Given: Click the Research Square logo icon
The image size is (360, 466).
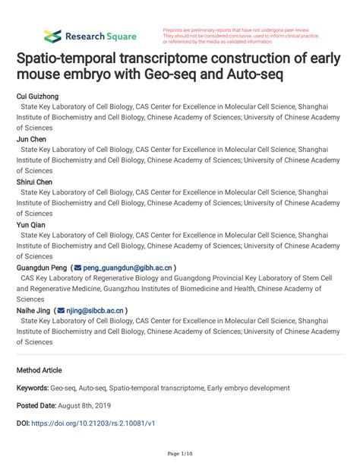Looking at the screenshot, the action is [52, 36].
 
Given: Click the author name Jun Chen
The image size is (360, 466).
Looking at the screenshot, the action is [31, 140].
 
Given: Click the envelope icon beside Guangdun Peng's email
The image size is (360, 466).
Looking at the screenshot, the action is [78, 268].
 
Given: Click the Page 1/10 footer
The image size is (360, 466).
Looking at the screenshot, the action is [180, 454].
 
